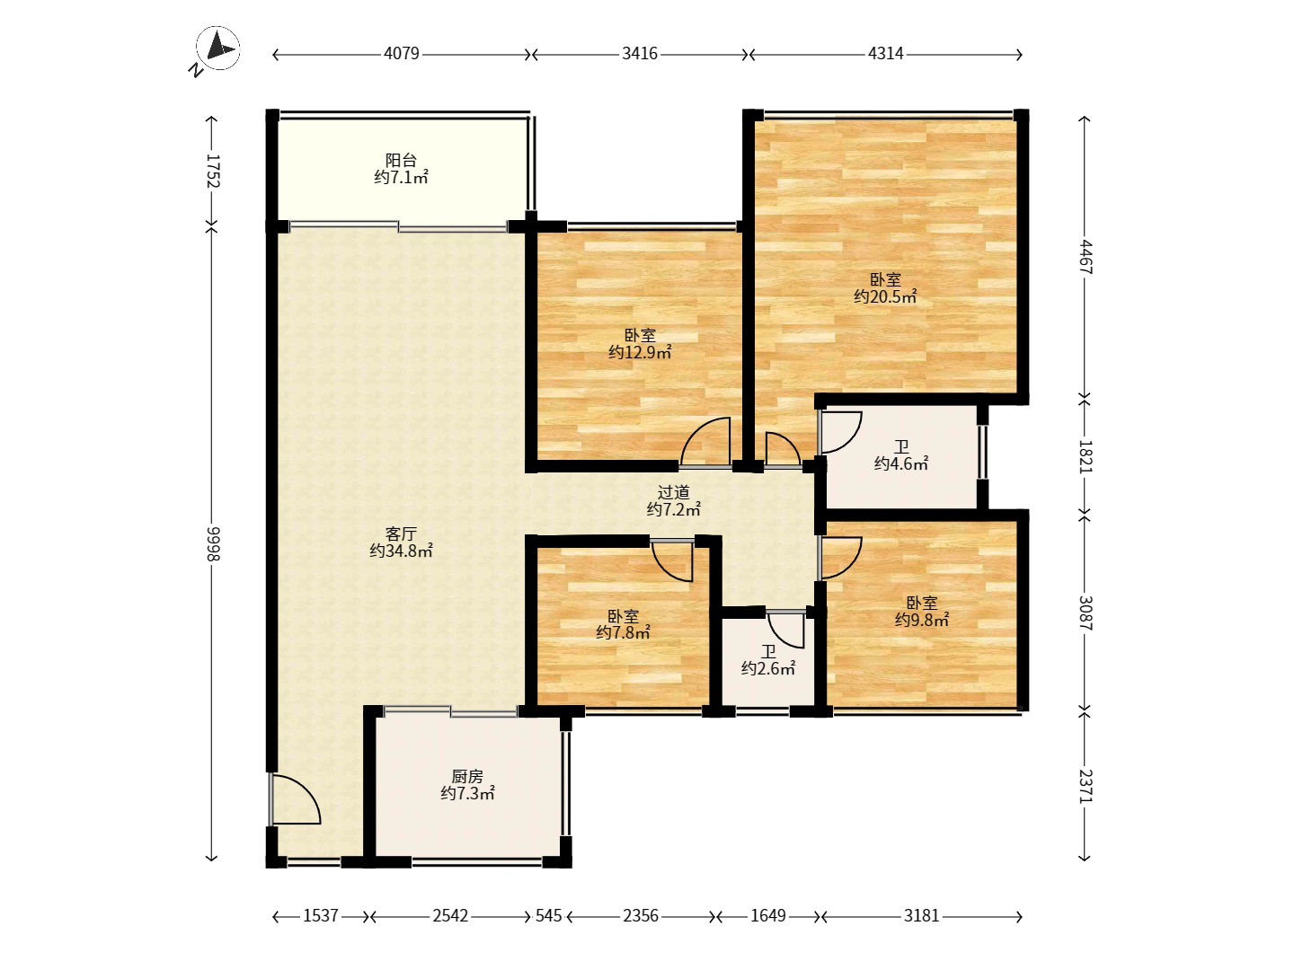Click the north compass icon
[218, 48]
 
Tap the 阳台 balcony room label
[401, 160]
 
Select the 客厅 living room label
[401, 533]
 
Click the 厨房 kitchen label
[467, 776]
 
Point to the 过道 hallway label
[673, 492]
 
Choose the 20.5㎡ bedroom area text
[885, 296]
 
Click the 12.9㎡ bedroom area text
[640, 352]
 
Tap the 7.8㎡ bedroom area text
[623, 632]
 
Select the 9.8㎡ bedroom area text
[922, 620]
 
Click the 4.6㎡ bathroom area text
[901, 463]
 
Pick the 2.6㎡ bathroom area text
[768, 668]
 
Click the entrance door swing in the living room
[295, 798]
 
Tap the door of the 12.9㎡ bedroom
[705, 442]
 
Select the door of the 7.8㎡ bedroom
[673, 560]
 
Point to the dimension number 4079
[402, 54]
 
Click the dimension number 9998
[212, 544]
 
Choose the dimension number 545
[548, 916]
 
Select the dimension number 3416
[640, 54]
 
